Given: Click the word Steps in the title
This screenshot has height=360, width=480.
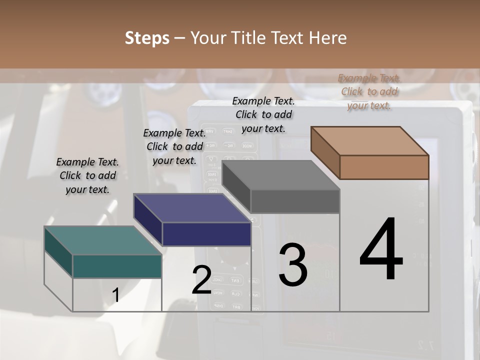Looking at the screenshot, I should [147, 38].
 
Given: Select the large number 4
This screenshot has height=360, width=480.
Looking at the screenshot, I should [381, 250].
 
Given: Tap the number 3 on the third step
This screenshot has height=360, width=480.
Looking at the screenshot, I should [293, 265].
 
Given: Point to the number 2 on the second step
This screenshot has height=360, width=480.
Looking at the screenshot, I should [201, 280].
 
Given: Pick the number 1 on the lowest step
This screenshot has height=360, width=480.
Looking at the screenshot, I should [115, 295].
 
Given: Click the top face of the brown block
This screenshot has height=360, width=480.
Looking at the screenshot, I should [370, 141].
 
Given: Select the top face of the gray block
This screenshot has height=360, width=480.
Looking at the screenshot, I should [281, 175].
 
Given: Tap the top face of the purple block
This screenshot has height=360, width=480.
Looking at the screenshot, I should [192, 208].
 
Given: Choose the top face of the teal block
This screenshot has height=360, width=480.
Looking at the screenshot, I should [103, 240].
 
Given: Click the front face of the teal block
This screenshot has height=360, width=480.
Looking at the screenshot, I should [117, 266].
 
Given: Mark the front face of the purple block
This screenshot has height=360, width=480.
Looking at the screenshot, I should [206, 234].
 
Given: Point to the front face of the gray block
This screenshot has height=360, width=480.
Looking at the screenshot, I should [295, 201].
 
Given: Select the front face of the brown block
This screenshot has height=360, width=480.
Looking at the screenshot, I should [384, 167].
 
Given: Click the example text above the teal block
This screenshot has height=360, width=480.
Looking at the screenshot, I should [87, 175].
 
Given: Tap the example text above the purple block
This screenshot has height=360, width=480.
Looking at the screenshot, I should [174, 146].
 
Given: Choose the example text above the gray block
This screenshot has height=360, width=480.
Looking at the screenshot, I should [263, 114].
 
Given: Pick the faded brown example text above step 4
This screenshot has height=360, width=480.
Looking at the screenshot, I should [369, 91].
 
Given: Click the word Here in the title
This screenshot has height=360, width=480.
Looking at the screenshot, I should [328, 38].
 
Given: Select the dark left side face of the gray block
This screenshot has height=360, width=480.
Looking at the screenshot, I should [236, 186].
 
